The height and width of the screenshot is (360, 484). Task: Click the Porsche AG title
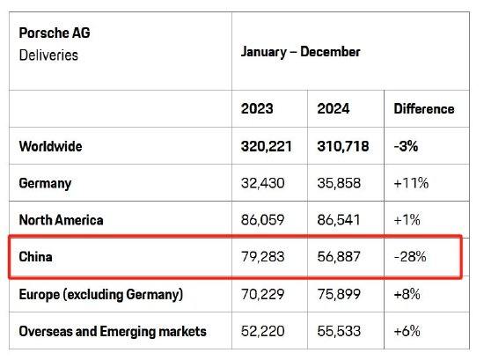(55, 33)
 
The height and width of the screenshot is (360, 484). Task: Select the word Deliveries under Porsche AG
(48, 55)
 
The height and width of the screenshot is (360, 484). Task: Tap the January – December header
(300, 52)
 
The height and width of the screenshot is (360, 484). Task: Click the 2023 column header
(257, 108)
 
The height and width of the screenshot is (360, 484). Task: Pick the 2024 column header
(334, 108)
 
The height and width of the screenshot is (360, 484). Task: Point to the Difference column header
(424, 109)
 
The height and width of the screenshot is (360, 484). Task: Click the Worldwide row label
(51, 146)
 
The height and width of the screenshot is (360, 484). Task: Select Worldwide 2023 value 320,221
(267, 146)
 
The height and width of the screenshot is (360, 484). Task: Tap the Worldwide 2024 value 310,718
(343, 146)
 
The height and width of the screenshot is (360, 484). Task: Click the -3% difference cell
(406, 146)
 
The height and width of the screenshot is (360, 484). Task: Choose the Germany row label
(45, 183)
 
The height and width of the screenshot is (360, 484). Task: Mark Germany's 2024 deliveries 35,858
(339, 183)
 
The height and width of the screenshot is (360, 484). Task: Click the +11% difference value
(411, 183)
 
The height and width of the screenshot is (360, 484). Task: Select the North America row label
(61, 220)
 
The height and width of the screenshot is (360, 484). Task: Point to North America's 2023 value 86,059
(263, 220)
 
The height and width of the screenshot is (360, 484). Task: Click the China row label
(35, 257)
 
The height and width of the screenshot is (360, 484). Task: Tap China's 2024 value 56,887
(339, 257)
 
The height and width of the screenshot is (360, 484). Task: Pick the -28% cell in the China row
(410, 257)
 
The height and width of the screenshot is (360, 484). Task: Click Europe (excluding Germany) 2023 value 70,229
(263, 294)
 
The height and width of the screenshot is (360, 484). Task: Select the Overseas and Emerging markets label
(113, 331)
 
